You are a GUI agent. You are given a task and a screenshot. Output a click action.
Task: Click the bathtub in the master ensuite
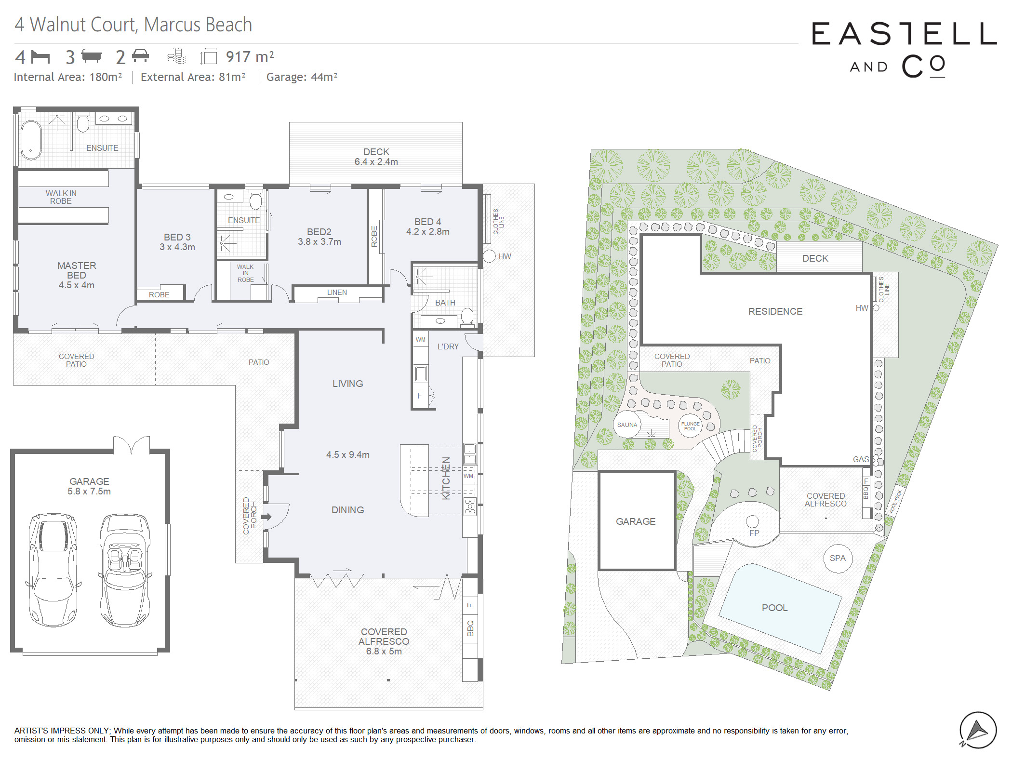click(x=31, y=140)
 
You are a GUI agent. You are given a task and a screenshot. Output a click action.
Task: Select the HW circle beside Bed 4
click(x=489, y=256)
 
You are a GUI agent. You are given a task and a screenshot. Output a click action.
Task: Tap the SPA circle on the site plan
click(x=838, y=558)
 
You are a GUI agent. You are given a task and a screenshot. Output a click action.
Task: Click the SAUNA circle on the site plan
click(x=627, y=425)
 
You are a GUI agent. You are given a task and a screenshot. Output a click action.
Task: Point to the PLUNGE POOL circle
click(x=690, y=426)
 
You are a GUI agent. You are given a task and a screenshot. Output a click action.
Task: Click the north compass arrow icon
click(x=978, y=730)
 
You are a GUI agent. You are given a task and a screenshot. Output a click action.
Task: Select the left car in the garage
click(x=53, y=570)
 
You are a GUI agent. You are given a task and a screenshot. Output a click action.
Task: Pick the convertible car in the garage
click(x=125, y=570)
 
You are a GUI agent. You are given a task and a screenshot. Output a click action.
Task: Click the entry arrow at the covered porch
click(x=266, y=517)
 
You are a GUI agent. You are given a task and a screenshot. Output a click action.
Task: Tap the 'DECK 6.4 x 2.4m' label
click(x=376, y=157)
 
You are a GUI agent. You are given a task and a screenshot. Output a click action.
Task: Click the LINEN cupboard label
click(x=337, y=292)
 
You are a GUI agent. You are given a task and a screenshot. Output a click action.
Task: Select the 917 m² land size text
click(x=250, y=57)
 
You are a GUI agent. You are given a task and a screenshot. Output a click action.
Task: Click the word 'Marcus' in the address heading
click(x=167, y=25)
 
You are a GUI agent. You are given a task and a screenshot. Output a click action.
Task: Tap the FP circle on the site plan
click(x=752, y=521)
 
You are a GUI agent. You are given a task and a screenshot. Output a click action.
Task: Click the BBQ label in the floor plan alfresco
click(x=470, y=628)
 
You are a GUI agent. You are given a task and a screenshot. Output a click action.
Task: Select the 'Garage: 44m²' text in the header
click(x=302, y=77)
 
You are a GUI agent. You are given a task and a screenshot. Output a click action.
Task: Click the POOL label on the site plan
click(x=774, y=608)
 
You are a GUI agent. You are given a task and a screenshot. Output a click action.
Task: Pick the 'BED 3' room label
click(x=177, y=237)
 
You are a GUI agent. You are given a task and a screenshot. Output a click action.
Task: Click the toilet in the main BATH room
click(x=467, y=317)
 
